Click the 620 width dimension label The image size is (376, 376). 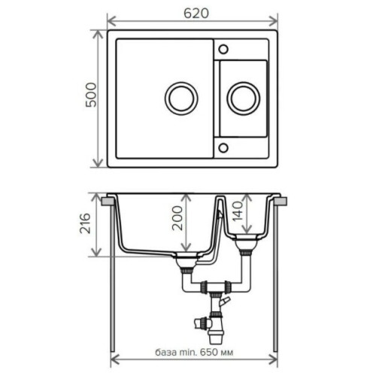tap(196, 14)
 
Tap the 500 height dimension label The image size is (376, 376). tap(91, 95)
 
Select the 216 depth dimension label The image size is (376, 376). tap(85, 223)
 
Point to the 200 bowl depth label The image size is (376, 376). tap(177, 218)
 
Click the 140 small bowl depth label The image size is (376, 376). tap(238, 211)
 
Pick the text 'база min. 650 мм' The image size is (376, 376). tap(194, 352)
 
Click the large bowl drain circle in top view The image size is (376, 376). tap(181, 99)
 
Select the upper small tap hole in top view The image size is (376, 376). tap(223, 49)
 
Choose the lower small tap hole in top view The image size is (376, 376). tap(223, 147)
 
